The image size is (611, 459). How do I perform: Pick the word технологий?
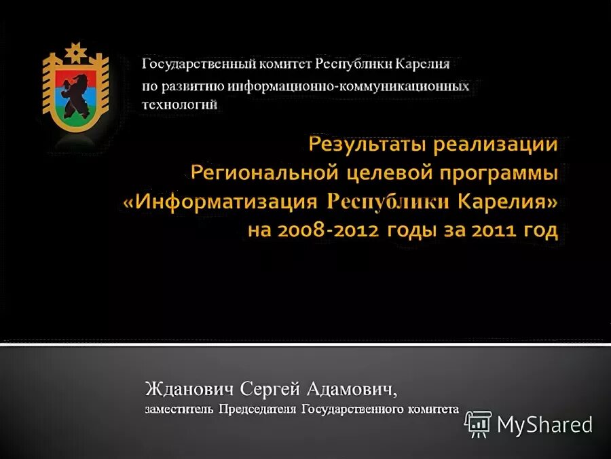click(x=179, y=104)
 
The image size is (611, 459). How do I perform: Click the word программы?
click(x=497, y=173)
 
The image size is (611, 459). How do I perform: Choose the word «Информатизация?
click(x=221, y=202)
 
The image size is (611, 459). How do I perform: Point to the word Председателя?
click(x=257, y=409)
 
